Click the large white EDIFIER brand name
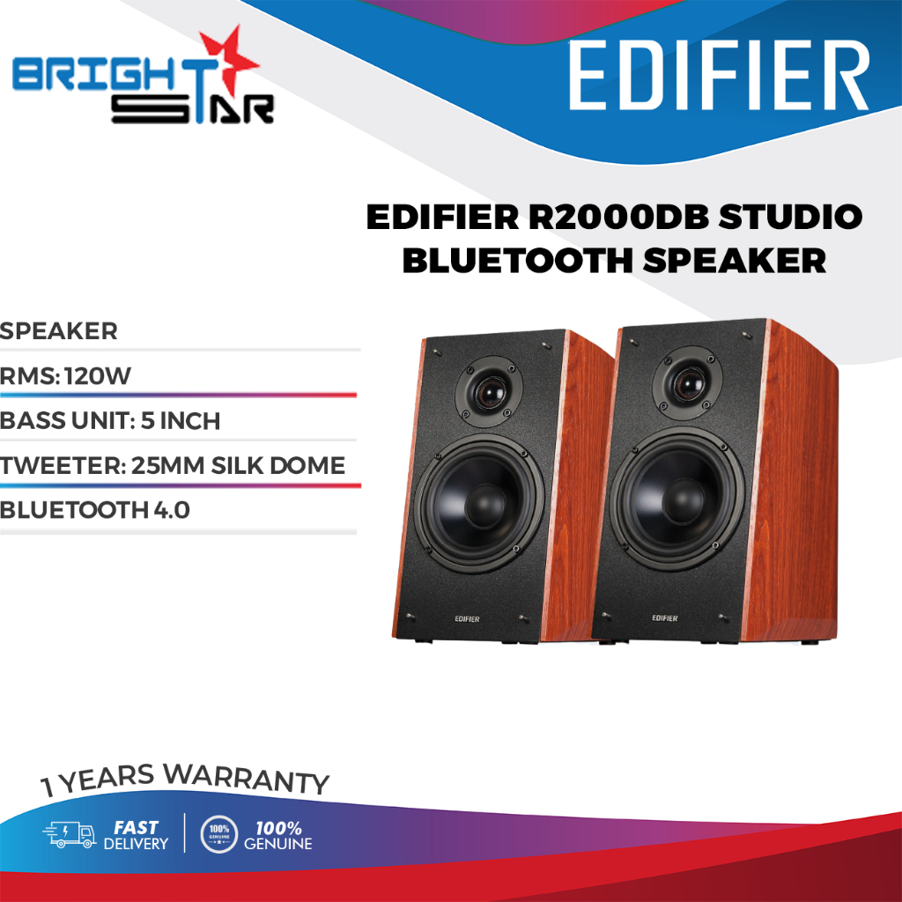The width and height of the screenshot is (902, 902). pos(718,75)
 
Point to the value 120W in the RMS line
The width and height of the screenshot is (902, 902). pos(98,376)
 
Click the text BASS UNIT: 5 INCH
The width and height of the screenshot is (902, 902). pos(110,421)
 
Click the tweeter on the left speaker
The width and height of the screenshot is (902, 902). pos(489,392)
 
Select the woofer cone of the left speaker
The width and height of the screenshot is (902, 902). pos(478,503)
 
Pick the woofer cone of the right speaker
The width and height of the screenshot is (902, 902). pos(677,498)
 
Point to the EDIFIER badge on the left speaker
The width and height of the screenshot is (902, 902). pos(467,619)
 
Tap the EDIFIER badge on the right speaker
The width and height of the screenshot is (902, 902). pos(664,617)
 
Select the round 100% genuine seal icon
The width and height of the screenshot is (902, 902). pos(218,834)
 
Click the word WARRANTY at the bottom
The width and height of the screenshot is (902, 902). pos(247,779)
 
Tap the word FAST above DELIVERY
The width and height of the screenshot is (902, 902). pos(136,828)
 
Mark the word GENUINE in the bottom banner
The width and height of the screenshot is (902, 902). pos(277,844)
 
